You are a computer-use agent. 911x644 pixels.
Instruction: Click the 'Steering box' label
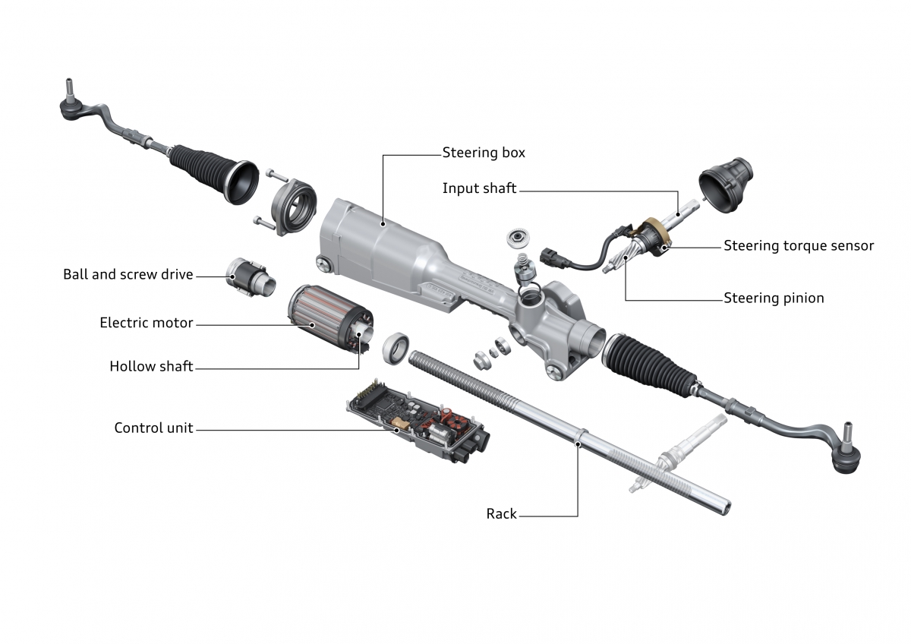point(484,153)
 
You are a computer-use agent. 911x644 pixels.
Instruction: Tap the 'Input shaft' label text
point(479,188)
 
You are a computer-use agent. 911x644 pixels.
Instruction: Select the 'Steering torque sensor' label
point(799,246)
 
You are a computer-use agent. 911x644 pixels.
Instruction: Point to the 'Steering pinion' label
point(774,298)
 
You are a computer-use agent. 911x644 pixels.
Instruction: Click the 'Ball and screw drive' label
point(128,274)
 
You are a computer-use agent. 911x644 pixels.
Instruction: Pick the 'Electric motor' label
point(147,324)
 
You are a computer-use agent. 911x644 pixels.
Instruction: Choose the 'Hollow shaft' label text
point(151,367)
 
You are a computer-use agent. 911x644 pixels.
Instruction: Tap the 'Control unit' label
point(153,428)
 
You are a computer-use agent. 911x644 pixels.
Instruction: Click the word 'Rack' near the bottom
point(501,514)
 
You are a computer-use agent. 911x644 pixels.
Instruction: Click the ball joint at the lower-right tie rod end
point(846,455)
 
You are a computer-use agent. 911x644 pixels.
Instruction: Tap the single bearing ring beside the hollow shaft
point(396,346)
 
